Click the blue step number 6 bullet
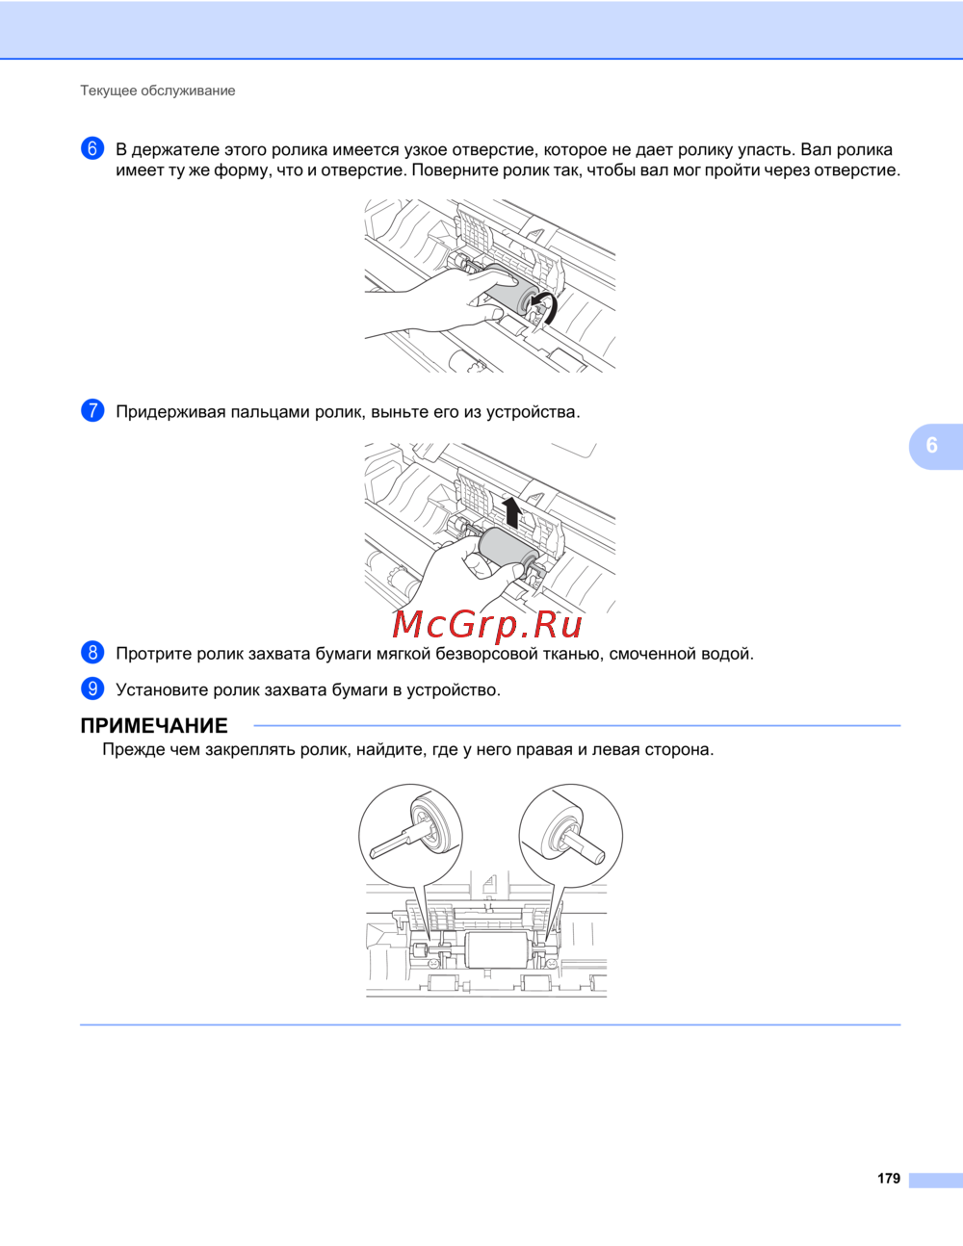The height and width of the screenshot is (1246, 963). tap(92, 148)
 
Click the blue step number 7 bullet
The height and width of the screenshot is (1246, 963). tap(92, 410)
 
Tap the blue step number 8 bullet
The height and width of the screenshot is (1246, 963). tap(92, 653)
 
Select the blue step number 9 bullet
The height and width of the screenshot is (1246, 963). tap(92, 688)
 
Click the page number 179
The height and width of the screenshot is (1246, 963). tap(889, 1179)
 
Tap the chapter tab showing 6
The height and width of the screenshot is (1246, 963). tap(932, 445)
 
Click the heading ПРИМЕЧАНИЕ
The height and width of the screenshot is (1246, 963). tap(154, 726)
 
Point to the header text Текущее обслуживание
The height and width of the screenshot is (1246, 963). tap(158, 91)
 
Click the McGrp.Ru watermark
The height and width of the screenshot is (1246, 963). tap(487, 625)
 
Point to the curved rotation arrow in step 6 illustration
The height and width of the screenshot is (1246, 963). tap(546, 307)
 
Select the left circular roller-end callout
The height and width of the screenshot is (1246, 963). tap(410, 834)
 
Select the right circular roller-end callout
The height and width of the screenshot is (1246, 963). tap(571, 834)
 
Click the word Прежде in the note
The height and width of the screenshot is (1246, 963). tap(134, 749)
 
